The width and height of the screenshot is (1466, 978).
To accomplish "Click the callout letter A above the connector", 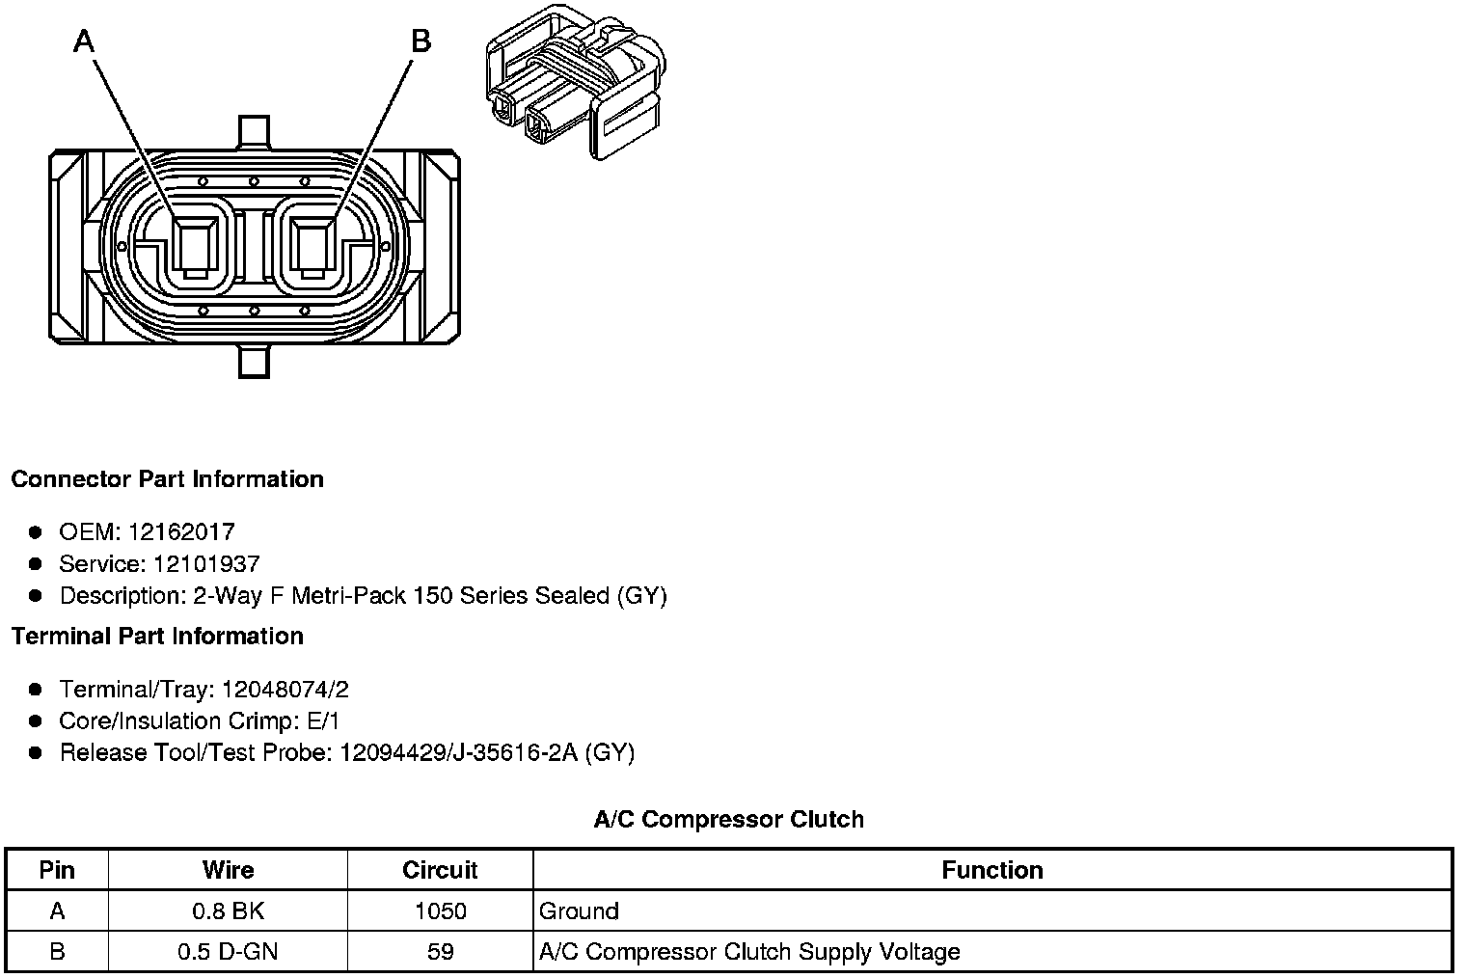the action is pyautogui.click(x=85, y=41).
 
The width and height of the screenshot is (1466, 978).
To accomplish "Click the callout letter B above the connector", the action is pyautogui.click(x=421, y=41).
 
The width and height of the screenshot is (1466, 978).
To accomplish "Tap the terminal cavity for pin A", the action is pyautogui.click(x=197, y=247).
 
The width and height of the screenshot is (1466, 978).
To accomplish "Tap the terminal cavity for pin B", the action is pyautogui.click(x=312, y=247).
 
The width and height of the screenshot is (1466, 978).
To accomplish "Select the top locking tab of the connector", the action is pyautogui.click(x=254, y=131).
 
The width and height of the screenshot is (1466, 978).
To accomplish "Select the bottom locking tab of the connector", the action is pyautogui.click(x=254, y=363).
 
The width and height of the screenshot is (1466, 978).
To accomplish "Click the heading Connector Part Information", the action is pyautogui.click(x=167, y=479).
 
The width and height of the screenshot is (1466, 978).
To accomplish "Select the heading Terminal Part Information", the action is pyautogui.click(x=157, y=637).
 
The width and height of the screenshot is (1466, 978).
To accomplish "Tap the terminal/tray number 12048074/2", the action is pyautogui.click(x=285, y=690).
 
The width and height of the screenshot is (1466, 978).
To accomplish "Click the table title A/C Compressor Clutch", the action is pyautogui.click(x=728, y=820).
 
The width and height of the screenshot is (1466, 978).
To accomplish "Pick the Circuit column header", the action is pyautogui.click(x=440, y=870).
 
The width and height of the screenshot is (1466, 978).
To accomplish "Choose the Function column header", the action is pyautogui.click(x=992, y=870).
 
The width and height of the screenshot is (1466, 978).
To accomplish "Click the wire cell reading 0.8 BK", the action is pyautogui.click(x=228, y=911).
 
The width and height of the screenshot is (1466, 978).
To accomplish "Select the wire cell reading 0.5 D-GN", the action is pyautogui.click(x=228, y=953).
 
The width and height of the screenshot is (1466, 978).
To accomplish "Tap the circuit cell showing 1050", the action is pyautogui.click(x=440, y=911).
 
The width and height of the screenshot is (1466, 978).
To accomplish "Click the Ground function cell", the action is pyautogui.click(x=579, y=911).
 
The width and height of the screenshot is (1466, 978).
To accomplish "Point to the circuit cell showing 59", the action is pyautogui.click(x=440, y=953).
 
